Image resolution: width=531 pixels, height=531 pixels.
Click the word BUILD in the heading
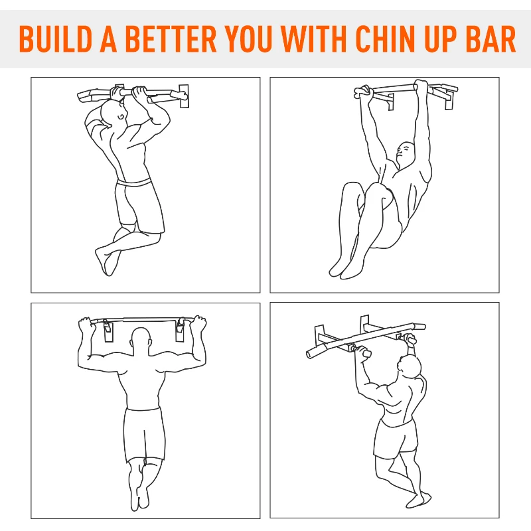pos(56,38)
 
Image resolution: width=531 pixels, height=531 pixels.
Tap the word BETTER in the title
pos(171,38)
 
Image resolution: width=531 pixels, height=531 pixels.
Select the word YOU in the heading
pos(248,38)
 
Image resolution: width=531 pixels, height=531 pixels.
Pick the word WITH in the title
pos(314,38)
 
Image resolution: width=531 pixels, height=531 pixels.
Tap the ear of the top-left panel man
pos(121,117)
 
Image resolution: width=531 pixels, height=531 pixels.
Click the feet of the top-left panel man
pos(108,262)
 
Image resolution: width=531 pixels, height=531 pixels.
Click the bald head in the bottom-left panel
pos(141,341)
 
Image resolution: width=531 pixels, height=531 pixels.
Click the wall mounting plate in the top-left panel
pos(184,96)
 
